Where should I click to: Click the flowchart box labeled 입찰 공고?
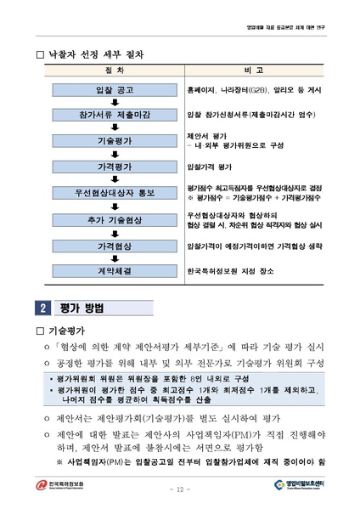coord(114,89)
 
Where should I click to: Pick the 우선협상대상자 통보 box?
coord(114,193)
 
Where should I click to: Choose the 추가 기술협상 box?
coord(114,219)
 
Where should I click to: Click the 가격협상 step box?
coord(114,245)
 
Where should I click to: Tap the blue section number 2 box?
coord(43,306)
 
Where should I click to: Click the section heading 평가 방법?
coord(82,306)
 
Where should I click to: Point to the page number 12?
coord(180,489)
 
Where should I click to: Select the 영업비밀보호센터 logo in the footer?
coord(295,485)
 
